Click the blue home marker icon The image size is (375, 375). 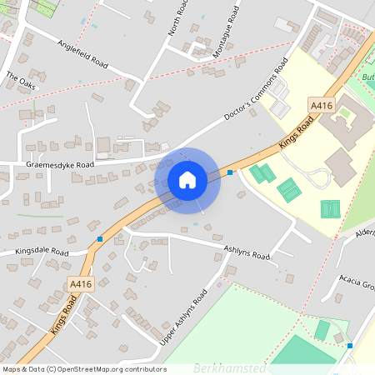(x=187, y=180)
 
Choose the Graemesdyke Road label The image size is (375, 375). (x=60, y=165)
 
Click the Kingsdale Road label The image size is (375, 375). (x=42, y=251)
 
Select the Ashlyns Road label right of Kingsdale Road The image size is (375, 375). (x=247, y=252)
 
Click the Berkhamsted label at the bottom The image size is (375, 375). (x=229, y=367)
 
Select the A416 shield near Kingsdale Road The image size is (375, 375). (x=81, y=284)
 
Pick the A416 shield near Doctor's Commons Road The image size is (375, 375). (x=321, y=106)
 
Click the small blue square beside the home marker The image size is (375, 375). (x=230, y=172)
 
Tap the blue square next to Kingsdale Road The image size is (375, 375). (x=100, y=239)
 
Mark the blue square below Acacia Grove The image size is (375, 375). (x=350, y=345)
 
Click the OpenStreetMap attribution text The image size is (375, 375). (x=83, y=369)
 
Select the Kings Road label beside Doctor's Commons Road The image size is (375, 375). (x=296, y=133)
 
